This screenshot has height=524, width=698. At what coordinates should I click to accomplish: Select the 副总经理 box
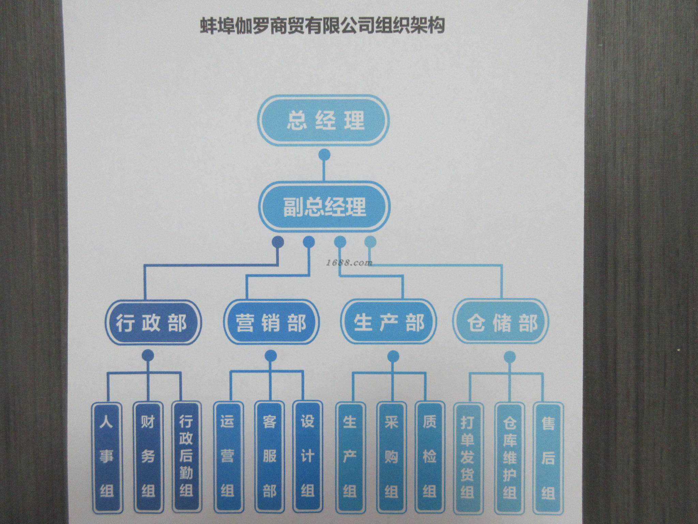click(324, 207)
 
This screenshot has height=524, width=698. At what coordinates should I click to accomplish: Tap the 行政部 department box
click(152, 322)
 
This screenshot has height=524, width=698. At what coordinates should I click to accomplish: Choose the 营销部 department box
click(271, 322)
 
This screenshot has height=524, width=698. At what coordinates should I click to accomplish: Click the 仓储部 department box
click(502, 322)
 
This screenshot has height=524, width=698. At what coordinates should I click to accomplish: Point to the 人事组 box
click(106, 457)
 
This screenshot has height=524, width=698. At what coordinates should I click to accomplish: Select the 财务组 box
click(148, 457)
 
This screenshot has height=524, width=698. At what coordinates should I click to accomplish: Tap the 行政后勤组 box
click(186, 457)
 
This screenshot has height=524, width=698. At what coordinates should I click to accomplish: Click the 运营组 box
click(228, 457)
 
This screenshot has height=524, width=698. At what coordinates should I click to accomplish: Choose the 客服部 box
click(269, 457)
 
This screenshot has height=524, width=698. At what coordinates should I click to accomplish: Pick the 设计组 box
click(307, 457)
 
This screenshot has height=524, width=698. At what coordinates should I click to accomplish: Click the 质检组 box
click(429, 457)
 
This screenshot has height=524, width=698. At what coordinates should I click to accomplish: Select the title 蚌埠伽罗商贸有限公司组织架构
click(322, 26)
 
